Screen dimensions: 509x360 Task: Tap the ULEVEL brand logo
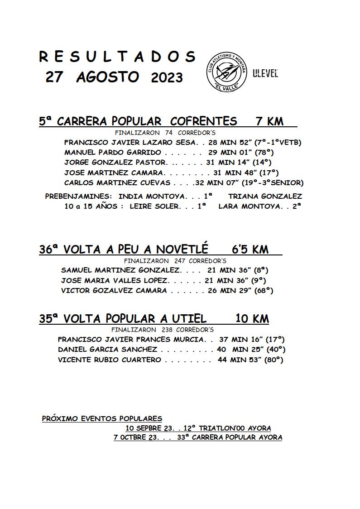265,74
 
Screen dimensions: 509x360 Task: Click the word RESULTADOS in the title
117,57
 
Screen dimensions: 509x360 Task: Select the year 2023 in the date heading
167,77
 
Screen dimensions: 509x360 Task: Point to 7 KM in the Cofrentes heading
269,121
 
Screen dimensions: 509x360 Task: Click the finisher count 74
169,133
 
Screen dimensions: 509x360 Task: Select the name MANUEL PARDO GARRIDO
112,152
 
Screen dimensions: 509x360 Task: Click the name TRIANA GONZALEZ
265,196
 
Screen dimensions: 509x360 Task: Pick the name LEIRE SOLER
155,206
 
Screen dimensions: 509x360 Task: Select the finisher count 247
180,261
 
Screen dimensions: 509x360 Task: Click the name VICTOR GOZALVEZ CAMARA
114,291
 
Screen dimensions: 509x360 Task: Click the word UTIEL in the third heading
187,319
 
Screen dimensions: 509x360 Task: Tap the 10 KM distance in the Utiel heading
252,319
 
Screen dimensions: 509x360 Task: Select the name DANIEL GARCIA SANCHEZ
107,350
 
